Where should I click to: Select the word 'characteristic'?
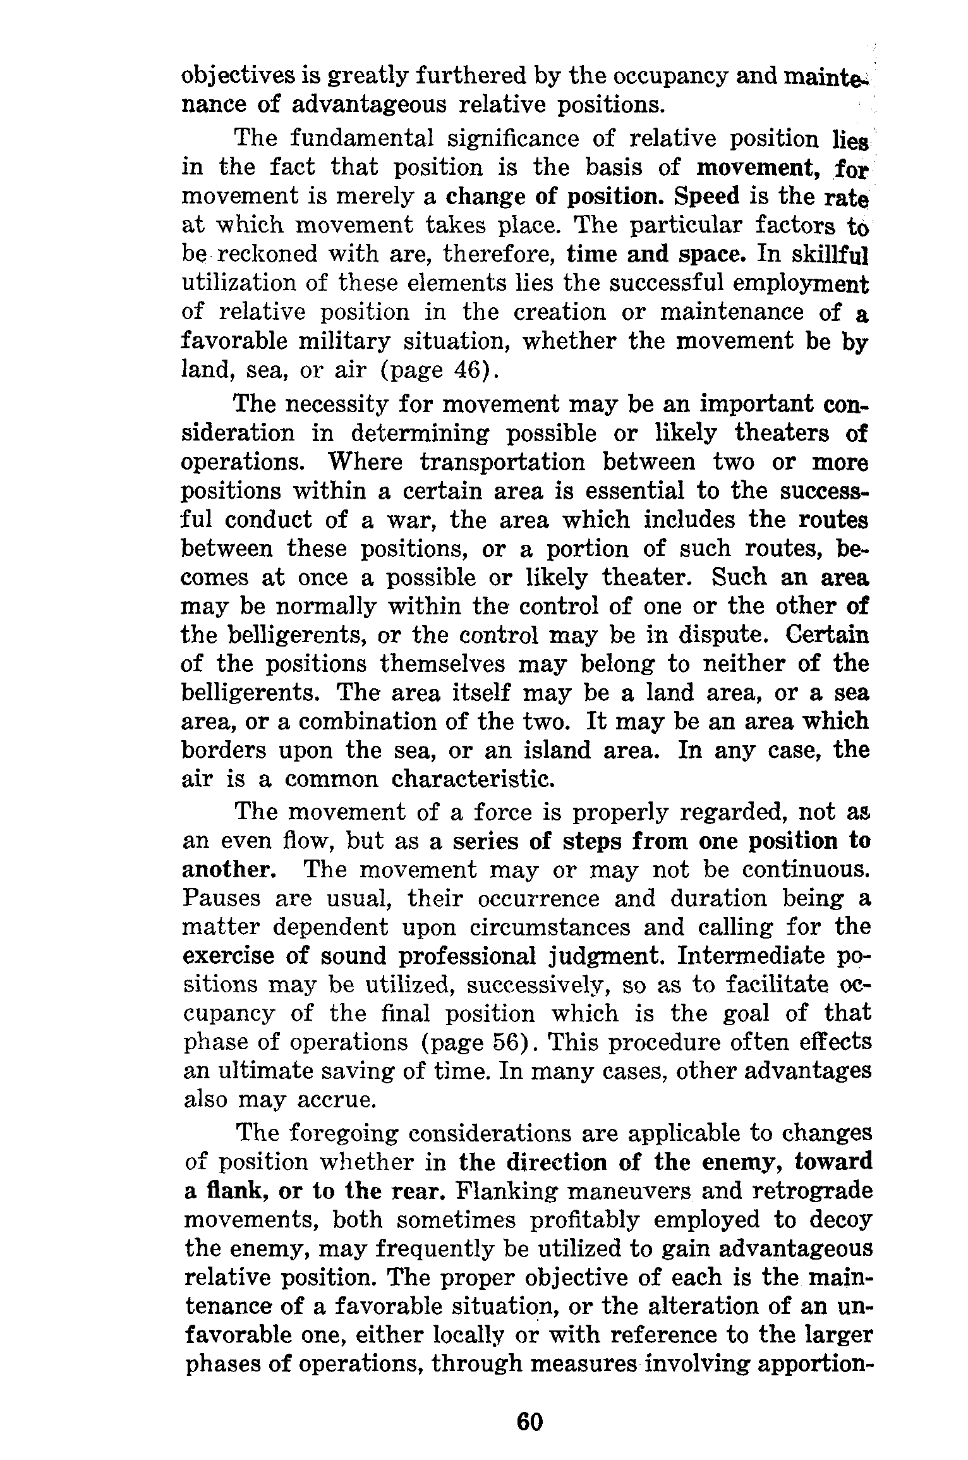point(473,779)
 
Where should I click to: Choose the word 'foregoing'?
point(344,1133)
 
